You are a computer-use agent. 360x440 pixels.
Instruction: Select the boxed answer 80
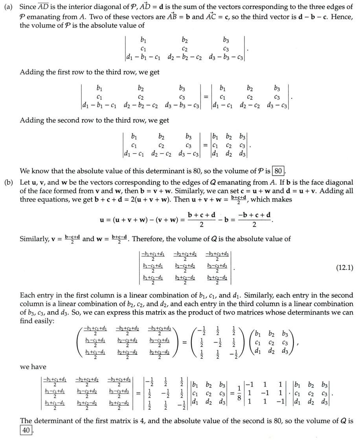(278, 171)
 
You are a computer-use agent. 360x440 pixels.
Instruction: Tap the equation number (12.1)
(345, 268)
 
